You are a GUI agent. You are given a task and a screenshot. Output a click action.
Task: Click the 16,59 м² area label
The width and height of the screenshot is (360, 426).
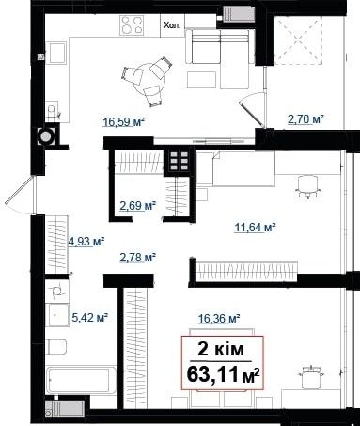point(123,121)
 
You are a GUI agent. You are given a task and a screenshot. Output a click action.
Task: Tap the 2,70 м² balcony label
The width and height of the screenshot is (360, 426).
point(305,119)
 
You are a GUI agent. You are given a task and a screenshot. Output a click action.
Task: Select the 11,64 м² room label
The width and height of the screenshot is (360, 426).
point(255,227)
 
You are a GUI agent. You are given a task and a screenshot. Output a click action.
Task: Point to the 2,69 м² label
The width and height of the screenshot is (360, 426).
point(138,206)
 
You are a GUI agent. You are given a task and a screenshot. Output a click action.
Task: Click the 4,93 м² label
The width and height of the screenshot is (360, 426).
point(86,242)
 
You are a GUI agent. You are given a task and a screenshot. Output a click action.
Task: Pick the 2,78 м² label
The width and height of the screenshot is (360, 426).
point(138,258)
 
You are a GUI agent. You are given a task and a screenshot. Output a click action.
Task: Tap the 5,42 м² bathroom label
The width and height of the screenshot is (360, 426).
point(90,318)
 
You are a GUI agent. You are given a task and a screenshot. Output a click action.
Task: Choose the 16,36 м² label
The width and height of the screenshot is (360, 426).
point(219,319)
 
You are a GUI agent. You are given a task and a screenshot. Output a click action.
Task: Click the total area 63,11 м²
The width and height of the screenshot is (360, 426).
point(223,374)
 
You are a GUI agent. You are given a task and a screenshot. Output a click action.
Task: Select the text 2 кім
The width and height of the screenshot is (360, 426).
point(221,349)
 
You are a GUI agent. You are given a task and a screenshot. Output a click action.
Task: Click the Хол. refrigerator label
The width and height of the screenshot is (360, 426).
point(172,25)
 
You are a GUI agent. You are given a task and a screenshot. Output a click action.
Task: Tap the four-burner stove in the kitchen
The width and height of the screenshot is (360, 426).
point(132,24)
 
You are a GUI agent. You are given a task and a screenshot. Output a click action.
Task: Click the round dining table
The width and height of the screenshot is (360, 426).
point(148,79)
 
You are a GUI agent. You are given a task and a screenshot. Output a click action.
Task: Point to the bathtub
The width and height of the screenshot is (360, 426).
point(81,380)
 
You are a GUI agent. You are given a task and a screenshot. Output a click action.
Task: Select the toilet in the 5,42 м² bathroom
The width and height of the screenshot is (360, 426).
point(55,347)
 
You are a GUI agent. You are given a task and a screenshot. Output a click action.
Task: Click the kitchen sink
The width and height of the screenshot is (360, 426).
point(56,53)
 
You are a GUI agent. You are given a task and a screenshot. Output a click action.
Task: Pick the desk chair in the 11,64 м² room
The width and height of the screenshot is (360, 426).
point(308,186)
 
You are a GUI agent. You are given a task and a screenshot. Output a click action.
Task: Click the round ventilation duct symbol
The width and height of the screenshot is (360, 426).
point(45,136)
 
